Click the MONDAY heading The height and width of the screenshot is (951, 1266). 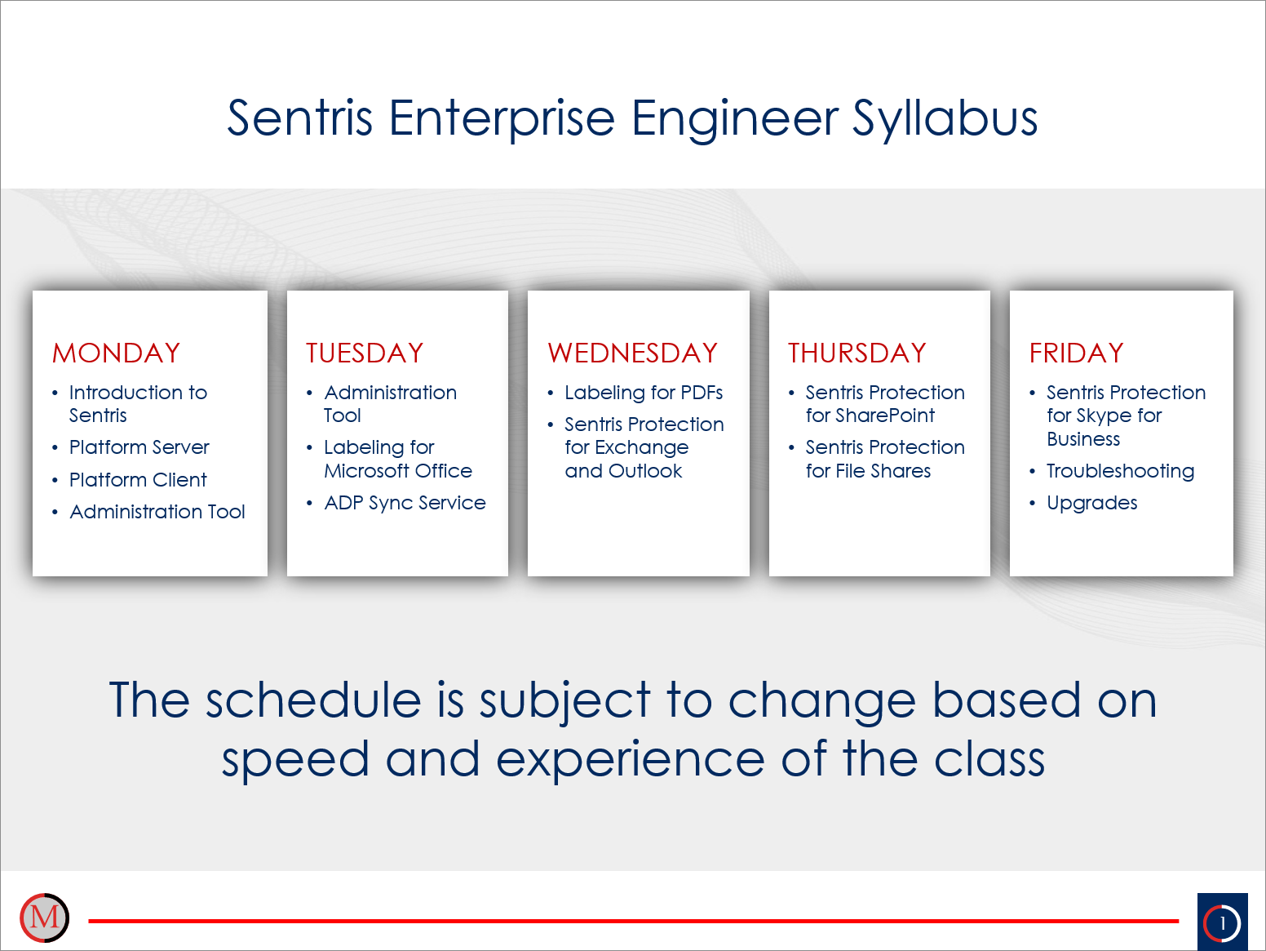116,353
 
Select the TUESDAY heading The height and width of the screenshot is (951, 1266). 365,353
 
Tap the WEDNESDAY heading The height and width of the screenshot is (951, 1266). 632,353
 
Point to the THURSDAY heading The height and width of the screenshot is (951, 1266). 857,353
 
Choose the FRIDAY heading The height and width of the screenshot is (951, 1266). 1076,353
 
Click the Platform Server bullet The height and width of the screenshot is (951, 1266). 139,447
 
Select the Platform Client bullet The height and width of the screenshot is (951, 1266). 138,480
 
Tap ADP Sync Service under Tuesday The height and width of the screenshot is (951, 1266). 405,503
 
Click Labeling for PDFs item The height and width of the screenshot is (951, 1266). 644,393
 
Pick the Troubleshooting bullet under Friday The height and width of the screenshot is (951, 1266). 1120,471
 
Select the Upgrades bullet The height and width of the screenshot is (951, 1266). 1091,503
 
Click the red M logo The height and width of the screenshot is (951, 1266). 44,918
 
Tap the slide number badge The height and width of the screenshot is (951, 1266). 1222,922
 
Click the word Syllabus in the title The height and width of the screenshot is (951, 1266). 945,118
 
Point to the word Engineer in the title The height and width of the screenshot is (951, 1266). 734,118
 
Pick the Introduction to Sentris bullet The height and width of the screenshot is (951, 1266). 138,403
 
